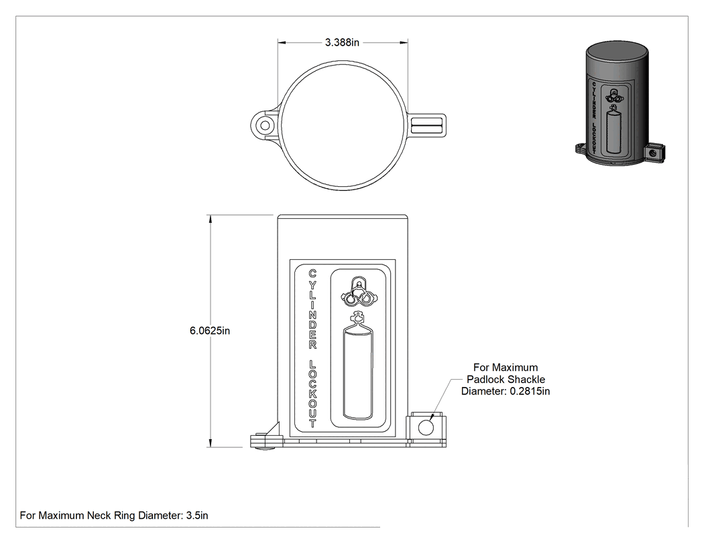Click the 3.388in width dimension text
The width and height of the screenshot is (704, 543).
click(x=342, y=43)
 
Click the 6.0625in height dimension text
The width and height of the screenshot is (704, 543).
click(x=210, y=331)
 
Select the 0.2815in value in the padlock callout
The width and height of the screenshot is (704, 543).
click(x=530, y=391)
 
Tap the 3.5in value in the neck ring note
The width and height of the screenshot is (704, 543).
click(x=197, y=515)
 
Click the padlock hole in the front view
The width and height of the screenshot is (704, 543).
click(x=426, y=427)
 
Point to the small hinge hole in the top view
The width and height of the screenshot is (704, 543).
click(x=266, y=125)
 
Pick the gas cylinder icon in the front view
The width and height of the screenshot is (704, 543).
click(x=357, y=365)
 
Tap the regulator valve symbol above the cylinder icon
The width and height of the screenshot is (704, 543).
click(x=359, y=292)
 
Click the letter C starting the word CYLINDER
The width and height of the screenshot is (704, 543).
click(x=312, y=273)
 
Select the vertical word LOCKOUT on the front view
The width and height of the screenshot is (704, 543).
click(x=312, y=393)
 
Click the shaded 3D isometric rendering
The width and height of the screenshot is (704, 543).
click(x=620, y=104)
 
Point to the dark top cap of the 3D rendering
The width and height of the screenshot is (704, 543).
click(x=617, y=52)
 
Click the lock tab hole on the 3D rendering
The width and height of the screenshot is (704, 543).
click(x=653, y=153)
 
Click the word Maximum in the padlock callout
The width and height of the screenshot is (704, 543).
click(x=514, y=368)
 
